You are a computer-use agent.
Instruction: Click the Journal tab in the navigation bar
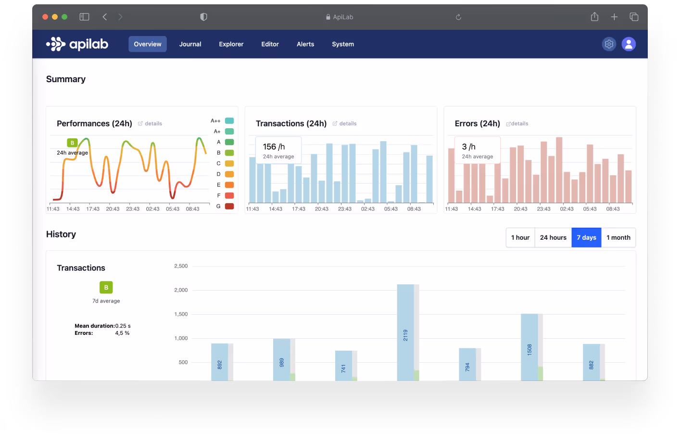point(190,44)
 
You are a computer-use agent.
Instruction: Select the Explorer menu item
point(231,44)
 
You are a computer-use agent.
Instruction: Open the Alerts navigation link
point(305,44)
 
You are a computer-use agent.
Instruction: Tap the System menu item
point(343,44)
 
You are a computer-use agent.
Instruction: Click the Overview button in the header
point(148,44)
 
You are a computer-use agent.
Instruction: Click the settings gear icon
point(609,44)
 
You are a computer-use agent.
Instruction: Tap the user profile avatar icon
point(629,44)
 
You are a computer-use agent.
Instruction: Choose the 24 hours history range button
point(553,238)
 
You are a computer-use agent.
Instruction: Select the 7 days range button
point(586,238)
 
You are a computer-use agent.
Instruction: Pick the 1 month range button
point(618,238)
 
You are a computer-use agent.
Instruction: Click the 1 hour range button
point(520,238)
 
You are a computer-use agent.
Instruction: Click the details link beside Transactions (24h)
point(345,124)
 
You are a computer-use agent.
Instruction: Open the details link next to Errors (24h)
point(517,124)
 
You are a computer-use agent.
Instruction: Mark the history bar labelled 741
point(343,366)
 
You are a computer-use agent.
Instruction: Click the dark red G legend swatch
point(229,206)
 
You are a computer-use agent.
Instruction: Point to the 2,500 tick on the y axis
point(181,266)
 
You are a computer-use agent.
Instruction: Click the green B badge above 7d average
point(106,287)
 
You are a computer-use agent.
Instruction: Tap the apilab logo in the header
point(77,44)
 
